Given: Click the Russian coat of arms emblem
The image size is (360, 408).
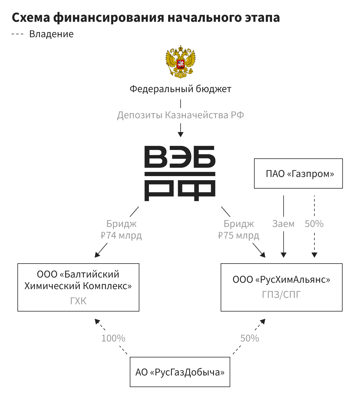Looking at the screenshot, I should (180, 62).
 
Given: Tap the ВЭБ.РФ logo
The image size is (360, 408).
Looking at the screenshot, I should (180, 173).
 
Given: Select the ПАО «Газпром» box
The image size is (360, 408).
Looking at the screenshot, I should (298, 173).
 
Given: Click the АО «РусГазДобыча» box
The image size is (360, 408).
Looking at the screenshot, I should (180, 372).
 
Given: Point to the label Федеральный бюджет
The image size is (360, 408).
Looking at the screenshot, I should (180, 89).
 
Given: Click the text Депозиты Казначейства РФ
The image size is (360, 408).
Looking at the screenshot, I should (180, 115).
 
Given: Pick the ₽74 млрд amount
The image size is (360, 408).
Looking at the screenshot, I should (121, 235).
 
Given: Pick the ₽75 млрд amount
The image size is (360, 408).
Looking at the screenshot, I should (238, 235).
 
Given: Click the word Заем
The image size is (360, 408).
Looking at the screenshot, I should (283, 224).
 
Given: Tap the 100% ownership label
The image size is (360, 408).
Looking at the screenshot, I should (113, 338).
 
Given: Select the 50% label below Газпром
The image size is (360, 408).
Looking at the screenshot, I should (314, 224).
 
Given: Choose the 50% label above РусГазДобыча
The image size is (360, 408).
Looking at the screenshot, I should (250, 338).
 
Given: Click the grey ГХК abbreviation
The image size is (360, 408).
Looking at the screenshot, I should (78, 301).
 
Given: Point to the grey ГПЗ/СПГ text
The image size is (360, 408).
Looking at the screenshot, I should (281, 295).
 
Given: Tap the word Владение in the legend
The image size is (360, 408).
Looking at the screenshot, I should (51, 34).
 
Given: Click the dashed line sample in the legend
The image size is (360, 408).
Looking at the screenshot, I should (17, 34).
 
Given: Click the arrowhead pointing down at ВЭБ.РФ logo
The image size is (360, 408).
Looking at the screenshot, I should (181, 134).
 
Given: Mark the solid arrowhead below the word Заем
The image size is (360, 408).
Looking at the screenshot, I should (284, 255).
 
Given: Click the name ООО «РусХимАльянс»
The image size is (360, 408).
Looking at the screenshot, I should (281, 280).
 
